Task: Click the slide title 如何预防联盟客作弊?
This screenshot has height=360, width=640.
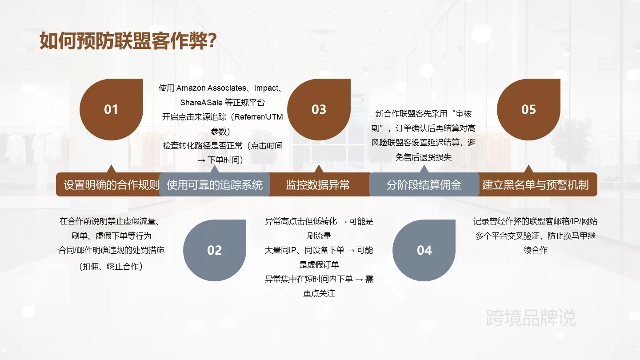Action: pyautogui.click(x=128, y=41)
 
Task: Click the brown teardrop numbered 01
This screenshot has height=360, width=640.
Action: pyautogui.click(x=111, y=109)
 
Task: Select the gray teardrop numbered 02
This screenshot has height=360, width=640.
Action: pyautogui.click(x=215, y=250)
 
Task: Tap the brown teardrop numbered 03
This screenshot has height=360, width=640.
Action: pyautogui.click(x=319, y=109)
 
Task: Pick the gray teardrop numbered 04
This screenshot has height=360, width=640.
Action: pyautogui.click(x=424, y=250)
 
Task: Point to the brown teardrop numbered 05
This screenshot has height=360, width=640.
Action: pyautogui.click(x=528, y=109)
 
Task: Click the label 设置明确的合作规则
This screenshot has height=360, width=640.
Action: pyautogui.click(x=111, y=185)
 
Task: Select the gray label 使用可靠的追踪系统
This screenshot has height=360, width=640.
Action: pyautogui.click(x=215, y=185)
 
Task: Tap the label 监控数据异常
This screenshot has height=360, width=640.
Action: pyautogui.click(x=318, y=185)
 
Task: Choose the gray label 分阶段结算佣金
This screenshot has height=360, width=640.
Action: pyautogui.click(x=424, y=185)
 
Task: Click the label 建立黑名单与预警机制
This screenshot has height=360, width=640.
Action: pyautogui.click(x=536, y=185)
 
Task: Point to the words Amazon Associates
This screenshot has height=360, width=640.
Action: pyautogui.click(x=211, y=88)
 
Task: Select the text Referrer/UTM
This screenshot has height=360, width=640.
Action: pyautogui.click(x=259, y=117)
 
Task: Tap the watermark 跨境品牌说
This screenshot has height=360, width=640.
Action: pyautogui.click(x=531, y=318)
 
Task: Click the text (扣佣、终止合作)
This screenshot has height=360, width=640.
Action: pyautogui.click(x=111, y=266)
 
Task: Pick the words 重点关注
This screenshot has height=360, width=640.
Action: pyautogui.click(x=319, y=293)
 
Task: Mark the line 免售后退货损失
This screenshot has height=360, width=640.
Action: pyautogui.click(x=424, y=157)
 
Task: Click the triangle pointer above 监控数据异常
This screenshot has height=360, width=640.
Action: pyautogui.click(x=319, y=168)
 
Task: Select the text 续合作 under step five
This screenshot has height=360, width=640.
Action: pyautogui.click(x=536, y=250)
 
